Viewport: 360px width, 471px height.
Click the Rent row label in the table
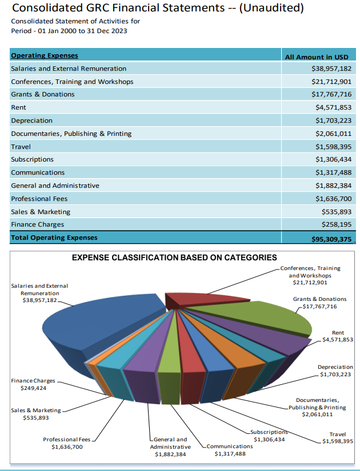coord(18,107)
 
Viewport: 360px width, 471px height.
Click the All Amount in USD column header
coord(316,56)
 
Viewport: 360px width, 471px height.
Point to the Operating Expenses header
coord(45,55)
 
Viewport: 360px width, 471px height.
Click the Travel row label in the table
coord(21,147)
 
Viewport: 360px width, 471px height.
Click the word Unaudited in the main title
coord(269,9)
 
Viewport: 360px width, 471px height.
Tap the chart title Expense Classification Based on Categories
coord(174,258)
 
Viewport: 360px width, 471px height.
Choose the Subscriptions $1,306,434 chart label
coord(269,436)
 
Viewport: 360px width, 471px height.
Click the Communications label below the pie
coord(230,450)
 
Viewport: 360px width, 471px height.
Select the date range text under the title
coord(69,31)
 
